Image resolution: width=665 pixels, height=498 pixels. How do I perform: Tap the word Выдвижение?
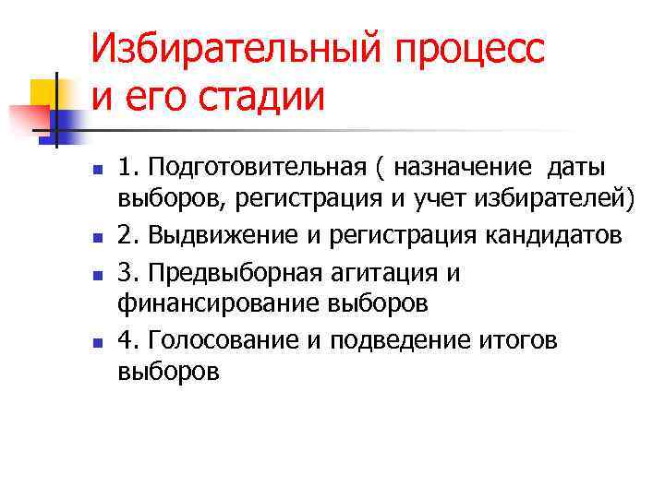pyautogui.click(x=222, y=235)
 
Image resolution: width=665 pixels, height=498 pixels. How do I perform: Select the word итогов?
pyautogui.click(x=524, y=340)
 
